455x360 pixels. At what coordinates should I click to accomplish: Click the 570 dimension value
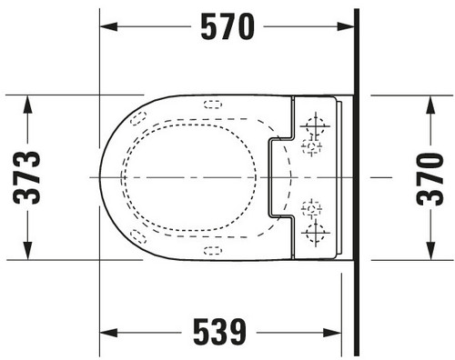point(227,26)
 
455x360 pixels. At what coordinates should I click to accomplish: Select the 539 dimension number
point(219,332)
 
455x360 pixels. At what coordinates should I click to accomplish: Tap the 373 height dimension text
point(26,177)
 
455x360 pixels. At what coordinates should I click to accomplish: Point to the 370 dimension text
point(430,179)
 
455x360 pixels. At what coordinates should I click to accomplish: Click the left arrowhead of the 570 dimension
point(108,26)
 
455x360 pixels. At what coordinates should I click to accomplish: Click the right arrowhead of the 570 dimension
point(346,26)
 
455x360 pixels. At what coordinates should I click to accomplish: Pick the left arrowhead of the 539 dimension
point(108,333)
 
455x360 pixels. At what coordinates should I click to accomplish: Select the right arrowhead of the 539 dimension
point(332,333)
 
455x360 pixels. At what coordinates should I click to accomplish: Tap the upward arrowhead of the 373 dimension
point(27,105)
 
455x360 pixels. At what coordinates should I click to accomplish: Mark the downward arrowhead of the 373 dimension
point(27,251)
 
